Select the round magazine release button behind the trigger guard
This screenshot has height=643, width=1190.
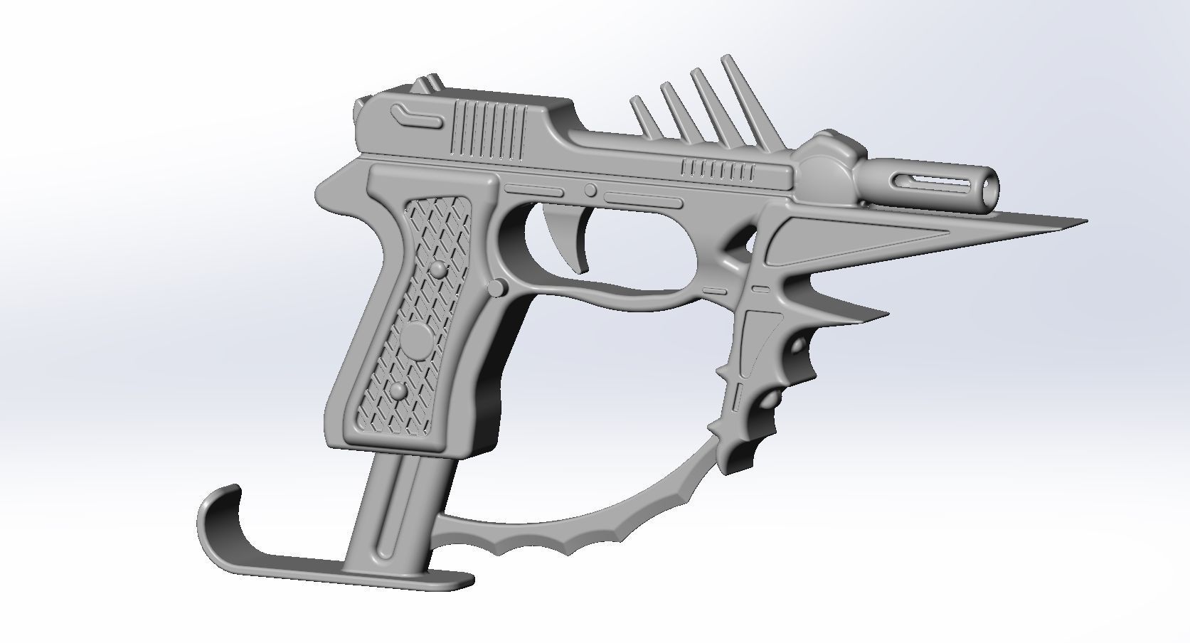click(499, 288)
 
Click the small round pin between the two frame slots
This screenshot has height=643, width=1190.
click(590, 190)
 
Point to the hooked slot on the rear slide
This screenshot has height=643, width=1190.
click(417, 116)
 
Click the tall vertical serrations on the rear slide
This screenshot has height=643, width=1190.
click(491, 128)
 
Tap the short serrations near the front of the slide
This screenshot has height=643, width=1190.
click(718, 169)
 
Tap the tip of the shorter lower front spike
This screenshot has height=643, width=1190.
click(885, 312)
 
